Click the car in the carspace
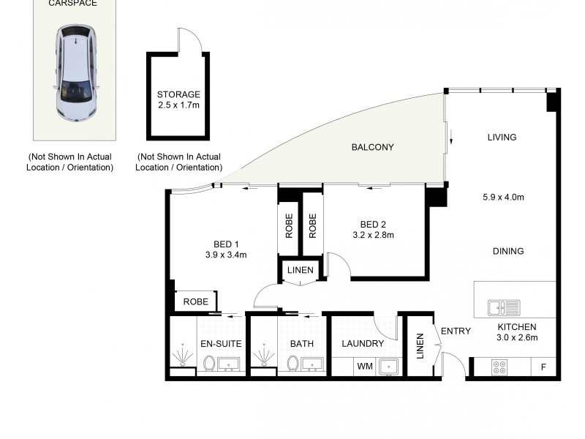pos(76,75)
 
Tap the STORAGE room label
pos(178,94)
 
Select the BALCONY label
pos(372,147)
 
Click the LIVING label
pos(502,137)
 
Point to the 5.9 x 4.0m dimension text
pos(504,197)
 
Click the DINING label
pos(508,251)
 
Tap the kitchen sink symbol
pos(504,307)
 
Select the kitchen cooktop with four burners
pos(500,367)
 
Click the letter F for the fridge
pos(543,367)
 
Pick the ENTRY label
pos(456,331)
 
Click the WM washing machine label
pos(363,366)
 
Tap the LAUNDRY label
pos(363,343)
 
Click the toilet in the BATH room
pos(292,363)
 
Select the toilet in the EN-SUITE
pos(208,363)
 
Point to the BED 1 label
pos(226,244)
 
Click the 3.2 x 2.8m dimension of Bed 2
pos(373,235)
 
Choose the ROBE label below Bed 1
pos(195,301)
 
